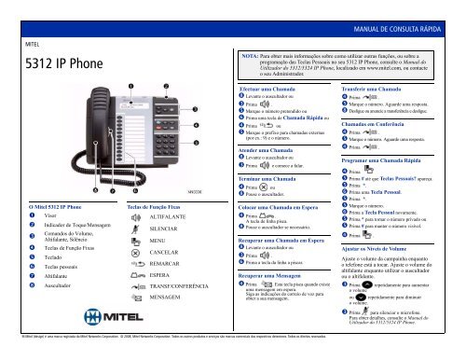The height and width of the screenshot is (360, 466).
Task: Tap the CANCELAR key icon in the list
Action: tap(135, 253)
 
